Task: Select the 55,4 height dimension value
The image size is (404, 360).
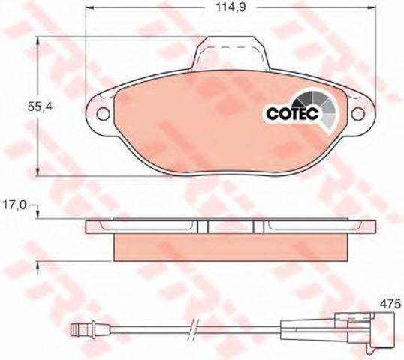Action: [x=40, y=106]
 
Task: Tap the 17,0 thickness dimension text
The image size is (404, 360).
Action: [x=14, y=205]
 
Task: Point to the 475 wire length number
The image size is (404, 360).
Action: [x=390, y=304]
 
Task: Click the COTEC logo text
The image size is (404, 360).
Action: [x=293, y=113]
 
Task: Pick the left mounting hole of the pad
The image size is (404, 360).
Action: [x=104, y=114]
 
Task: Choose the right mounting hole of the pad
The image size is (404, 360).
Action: [x=358, y=114]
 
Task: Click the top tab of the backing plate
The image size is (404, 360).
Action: [x=231, y=53]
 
